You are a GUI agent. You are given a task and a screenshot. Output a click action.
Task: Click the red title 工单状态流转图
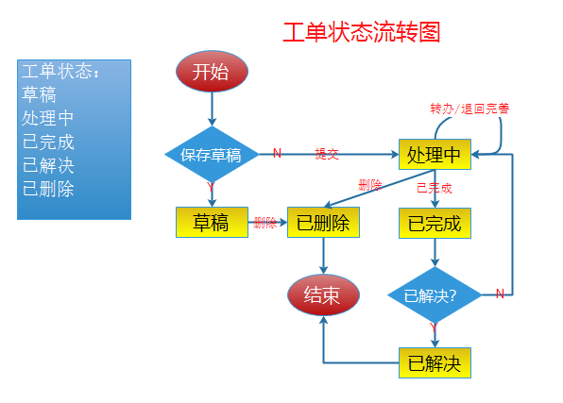pos(362,32)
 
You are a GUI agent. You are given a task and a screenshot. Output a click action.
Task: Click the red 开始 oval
pos(211,73)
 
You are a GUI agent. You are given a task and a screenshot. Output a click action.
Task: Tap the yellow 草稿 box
pos(211,223)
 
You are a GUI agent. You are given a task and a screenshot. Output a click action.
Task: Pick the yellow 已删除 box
pos(323,223)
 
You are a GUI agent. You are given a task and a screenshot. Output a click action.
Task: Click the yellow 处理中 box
pos(434,154)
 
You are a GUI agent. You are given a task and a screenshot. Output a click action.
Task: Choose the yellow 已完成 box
pos(434,224)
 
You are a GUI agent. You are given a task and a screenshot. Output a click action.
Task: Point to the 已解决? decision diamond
pos(433,295)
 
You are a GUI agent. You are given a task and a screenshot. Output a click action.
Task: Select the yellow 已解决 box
pos(434,363)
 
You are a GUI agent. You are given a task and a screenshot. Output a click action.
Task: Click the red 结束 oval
pos(323,295)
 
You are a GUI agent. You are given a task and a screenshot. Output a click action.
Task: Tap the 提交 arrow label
pos(327,154)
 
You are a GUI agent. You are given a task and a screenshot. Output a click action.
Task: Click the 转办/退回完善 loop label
pos(469,109)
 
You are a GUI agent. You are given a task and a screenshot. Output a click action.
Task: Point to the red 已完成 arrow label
pos(435,187)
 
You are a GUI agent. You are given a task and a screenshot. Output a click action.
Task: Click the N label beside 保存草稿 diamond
pos(277,153)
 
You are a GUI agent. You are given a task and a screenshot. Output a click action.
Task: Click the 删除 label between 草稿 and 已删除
pos(265,223)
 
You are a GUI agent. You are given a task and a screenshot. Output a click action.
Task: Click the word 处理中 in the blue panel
pos(48,119)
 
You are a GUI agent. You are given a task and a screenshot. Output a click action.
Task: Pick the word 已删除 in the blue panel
pos(48,188)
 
